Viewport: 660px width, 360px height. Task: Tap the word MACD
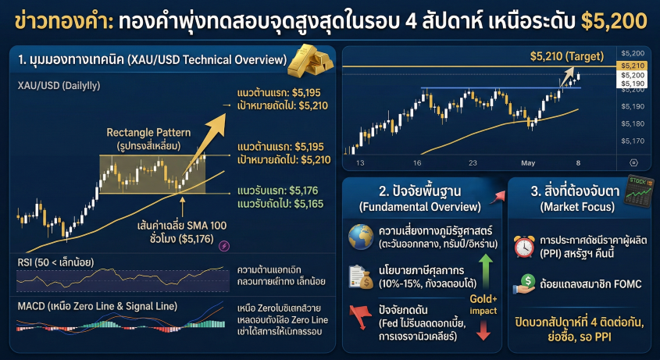click(32, 305)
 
